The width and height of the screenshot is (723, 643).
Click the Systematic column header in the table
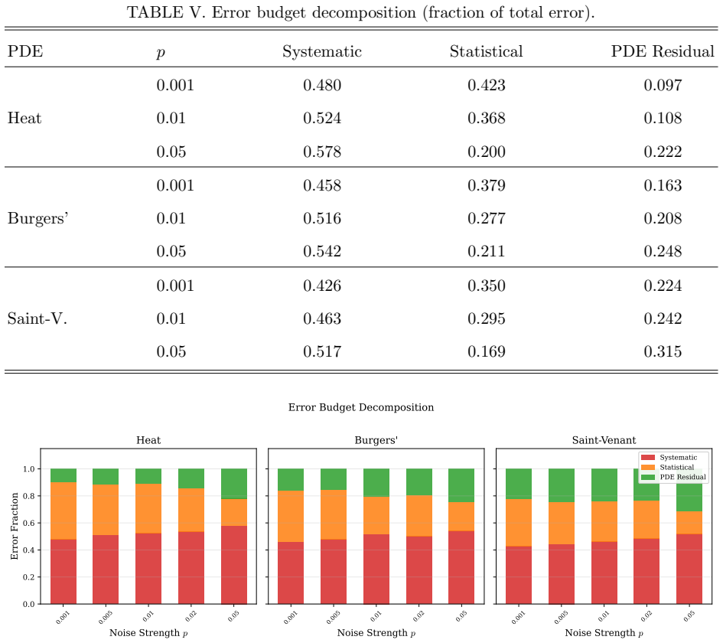(322, 51)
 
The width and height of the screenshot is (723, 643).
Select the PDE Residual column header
(663, 51)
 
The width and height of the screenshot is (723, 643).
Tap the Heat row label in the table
(24, 118)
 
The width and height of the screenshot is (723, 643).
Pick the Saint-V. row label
(37, 318)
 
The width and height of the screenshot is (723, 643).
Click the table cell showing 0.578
(322, 152)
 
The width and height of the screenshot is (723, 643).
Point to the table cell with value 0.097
(663, 85)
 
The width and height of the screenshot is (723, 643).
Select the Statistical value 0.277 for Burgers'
(487, 218)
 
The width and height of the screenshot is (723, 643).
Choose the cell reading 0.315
(663, 351)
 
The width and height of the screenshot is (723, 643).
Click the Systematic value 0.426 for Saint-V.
(322, 286)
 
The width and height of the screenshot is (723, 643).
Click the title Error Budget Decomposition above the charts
(361, 407)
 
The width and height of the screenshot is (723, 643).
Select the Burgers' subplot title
(376, 440)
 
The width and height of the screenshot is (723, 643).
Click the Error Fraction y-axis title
(15, 526)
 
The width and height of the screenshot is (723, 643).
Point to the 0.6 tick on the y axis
(28, 523)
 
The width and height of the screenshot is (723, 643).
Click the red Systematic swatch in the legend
(648, 458)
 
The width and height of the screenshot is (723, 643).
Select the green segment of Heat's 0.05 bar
(234, 484)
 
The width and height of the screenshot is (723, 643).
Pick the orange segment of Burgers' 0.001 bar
(291, 516)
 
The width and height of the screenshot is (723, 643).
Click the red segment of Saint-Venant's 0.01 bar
(604, 573)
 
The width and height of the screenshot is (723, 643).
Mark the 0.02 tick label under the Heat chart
(191, 615)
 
